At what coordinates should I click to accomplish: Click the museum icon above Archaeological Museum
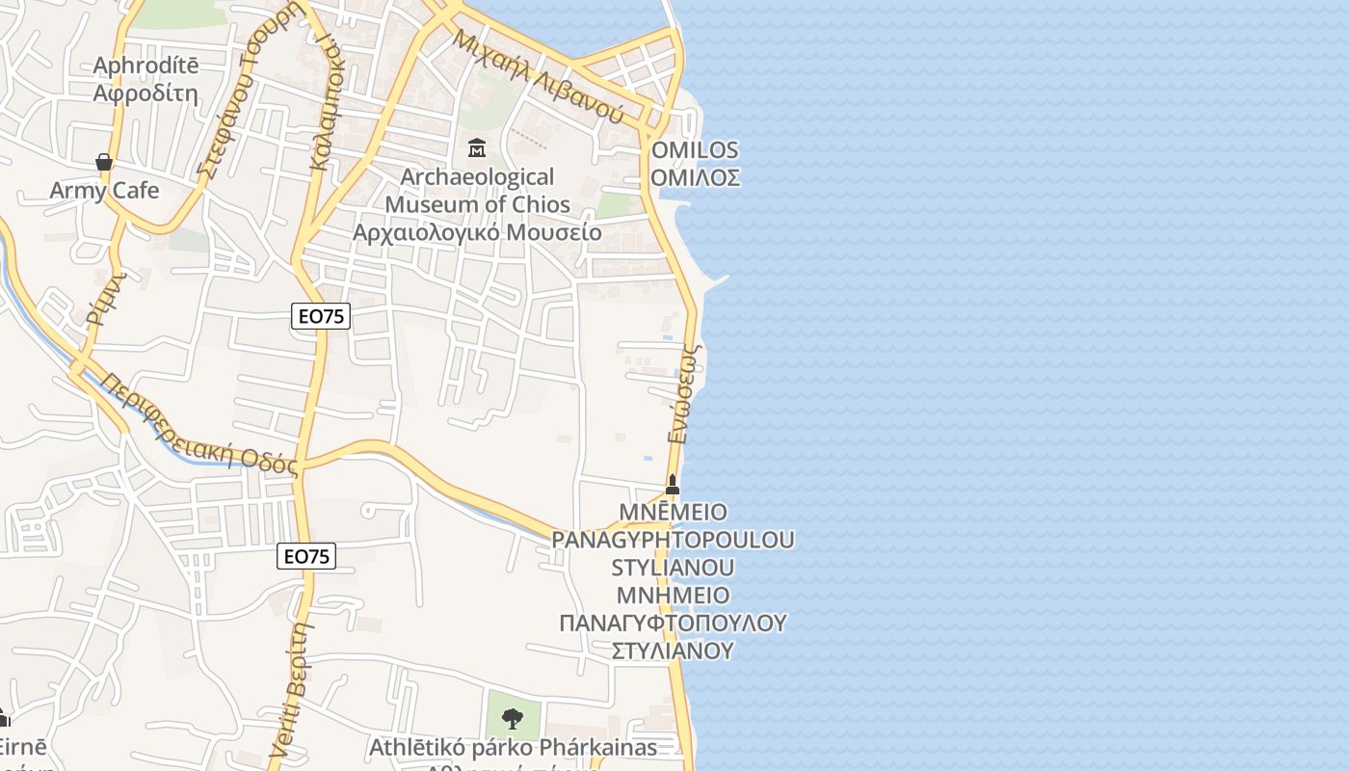pos(476,147)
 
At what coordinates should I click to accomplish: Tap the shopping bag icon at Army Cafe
pos(104,162)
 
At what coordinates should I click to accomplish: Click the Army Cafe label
pos(104,190)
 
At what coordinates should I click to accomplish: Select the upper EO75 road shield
pos(321,315)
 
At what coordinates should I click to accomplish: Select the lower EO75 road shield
pos(306,556)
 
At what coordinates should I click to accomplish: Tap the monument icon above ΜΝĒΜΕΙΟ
pos(673,484)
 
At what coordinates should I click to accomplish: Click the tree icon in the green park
pos(513,718)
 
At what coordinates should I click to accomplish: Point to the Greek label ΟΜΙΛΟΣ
pos(695,177)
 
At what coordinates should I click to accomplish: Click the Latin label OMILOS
pos(695,149)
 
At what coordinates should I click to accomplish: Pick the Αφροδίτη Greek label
pos(145,93)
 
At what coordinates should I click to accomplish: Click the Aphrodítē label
pos(145,66)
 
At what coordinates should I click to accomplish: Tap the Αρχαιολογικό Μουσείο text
pos(477,232)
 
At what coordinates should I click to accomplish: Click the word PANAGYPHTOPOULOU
pos(673,540)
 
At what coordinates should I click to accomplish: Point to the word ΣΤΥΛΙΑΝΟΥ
pos(673,651)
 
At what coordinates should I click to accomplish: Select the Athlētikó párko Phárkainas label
pos(513,747)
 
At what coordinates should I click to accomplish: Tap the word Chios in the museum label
pos(541,204)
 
